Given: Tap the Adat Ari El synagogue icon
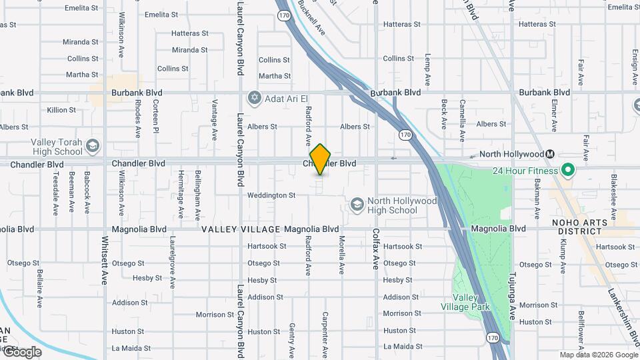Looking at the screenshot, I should pos(253,99).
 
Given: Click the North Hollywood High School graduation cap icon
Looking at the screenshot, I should pos(357,203).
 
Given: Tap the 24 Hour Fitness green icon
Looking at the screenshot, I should pos(567,170).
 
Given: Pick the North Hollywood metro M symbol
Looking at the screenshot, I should pos(551,154).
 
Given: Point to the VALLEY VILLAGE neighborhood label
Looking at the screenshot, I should pos(241,229).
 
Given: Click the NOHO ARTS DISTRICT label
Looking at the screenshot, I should pos(580,227).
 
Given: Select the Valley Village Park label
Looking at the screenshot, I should pos(465,302).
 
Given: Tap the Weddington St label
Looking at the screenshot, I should pos(271,195).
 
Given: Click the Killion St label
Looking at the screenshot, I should pos(61,110).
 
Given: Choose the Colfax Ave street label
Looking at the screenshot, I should pos(376,249).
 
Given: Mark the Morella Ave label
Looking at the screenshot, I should pos(341,255).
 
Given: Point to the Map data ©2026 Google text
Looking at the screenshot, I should pos(598,355).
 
